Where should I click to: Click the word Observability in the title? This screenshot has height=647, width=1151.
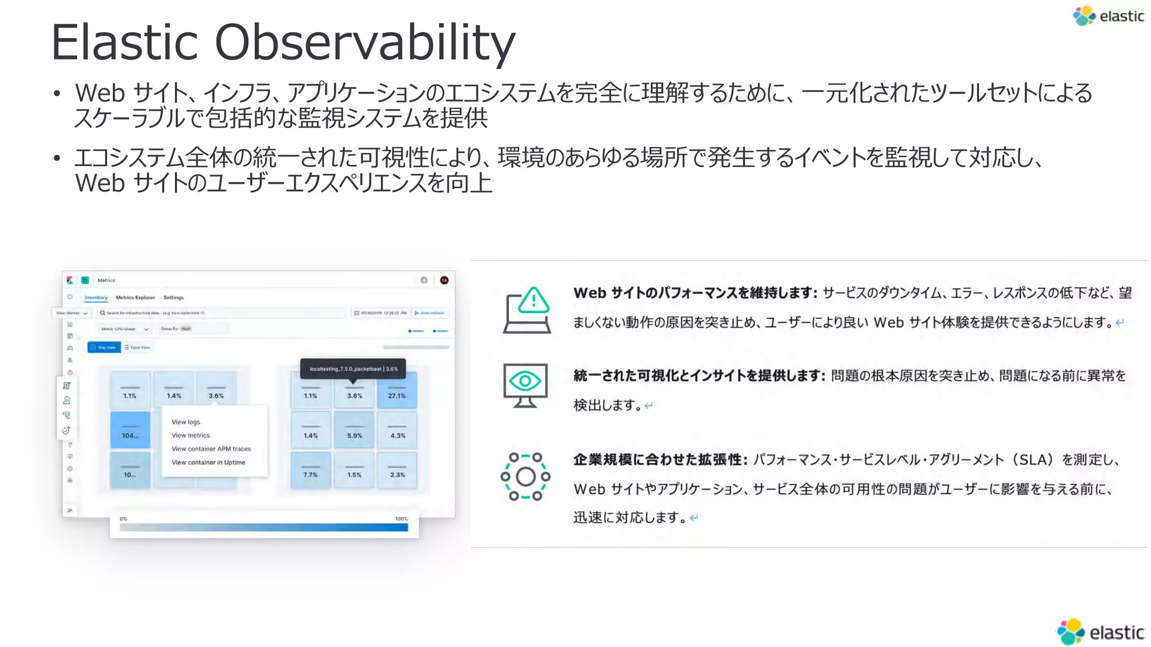click(x=365, y=43)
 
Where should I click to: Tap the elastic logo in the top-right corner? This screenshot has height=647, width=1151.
click(x=1108, y=16)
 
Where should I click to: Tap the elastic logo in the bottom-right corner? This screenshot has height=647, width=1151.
click(x=1100, y=632)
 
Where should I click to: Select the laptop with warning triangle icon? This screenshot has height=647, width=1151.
click(x=527, y=310)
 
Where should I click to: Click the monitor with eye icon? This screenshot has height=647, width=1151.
click(x=525, y=385)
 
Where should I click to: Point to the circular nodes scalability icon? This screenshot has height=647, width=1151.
click(x=525, y=476)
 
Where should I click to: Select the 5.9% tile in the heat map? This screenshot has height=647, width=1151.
click(x=354, y=430)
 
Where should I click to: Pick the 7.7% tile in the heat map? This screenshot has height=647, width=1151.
click(x=310, y=470)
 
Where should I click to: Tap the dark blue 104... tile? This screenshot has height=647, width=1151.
click(x=130, y=430)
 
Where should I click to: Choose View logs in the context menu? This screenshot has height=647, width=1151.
click(x=186, y=422)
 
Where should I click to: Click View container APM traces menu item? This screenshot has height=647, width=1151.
click(x=211, y=449)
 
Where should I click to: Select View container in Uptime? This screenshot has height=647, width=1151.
click(x=209, y=462)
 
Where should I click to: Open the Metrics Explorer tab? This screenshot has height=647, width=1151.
click(x=135, y=298)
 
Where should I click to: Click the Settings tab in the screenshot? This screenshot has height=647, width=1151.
click(x=174, y=298)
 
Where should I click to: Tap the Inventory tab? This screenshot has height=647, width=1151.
click(x=96, y=298)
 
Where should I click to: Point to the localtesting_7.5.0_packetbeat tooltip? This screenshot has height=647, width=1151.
click(x=353, y=369)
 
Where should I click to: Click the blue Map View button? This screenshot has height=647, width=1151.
click(x=104, y=348)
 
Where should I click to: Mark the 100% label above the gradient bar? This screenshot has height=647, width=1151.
click(x=401, y=519)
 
